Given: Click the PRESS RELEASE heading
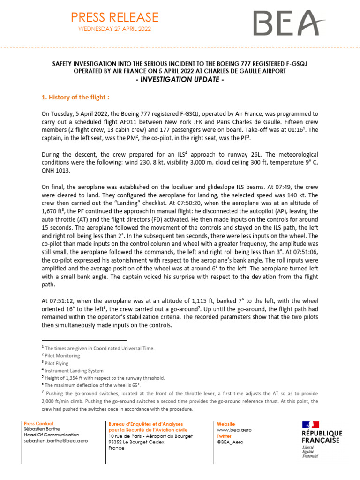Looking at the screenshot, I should pos(114,17).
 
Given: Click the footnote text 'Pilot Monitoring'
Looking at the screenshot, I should pos(63,356).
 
